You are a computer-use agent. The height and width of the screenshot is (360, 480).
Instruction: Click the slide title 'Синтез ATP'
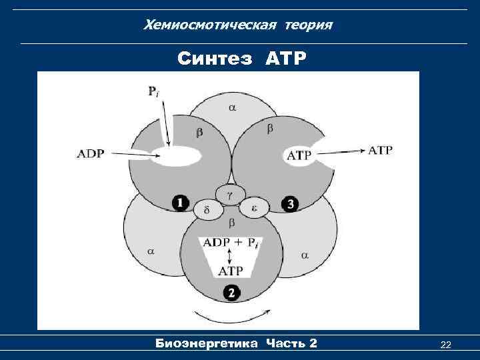(x=242, y=59)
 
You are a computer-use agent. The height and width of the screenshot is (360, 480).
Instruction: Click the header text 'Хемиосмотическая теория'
(x=239, y=25)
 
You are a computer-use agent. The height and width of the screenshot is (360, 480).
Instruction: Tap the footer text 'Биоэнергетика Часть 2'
(x=236, y=343)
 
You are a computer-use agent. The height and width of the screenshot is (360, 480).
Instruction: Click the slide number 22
(x=446, y=344)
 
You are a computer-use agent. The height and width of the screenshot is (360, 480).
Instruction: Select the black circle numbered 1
(x=180, y=203)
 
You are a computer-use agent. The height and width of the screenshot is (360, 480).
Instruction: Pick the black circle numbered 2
(x=231, y=292)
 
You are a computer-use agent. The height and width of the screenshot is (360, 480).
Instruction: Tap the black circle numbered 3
(x=289, y=204)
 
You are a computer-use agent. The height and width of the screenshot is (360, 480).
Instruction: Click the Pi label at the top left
(x=154, y=93)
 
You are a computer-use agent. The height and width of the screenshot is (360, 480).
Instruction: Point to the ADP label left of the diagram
(x=91, y=153)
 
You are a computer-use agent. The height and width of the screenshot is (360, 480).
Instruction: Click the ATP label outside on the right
(x=380, y=150)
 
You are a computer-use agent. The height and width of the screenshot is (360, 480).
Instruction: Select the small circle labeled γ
(x=229, y=193)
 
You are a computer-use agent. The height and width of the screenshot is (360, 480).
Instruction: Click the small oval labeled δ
(x=207, y=210)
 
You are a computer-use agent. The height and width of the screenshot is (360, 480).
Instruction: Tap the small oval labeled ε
(x=254, y=208)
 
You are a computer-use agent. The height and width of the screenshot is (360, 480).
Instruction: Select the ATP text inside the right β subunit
(x=298, y=155)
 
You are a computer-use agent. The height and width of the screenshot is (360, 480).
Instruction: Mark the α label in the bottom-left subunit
(x=151, y=251)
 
